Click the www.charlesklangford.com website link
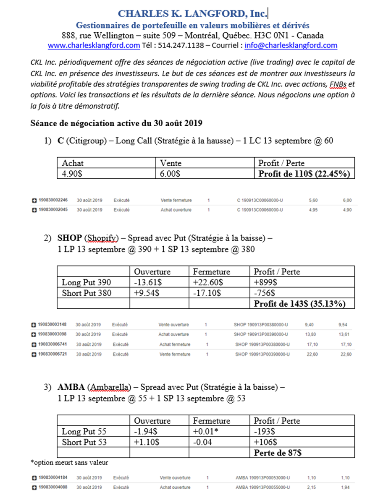94,45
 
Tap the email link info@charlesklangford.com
291,45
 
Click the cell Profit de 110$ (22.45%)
304,173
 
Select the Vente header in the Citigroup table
171,163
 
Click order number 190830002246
53,200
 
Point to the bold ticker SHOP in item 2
69,238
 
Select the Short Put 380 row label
87,293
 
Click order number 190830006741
52,344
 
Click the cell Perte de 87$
278,452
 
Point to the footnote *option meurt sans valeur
69,462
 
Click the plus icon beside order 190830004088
34,487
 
